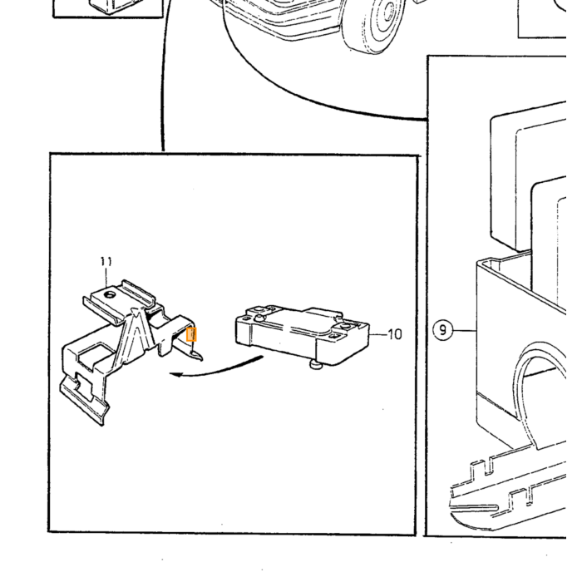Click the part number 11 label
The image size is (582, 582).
[106, 262]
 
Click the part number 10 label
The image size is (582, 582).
[395, 334]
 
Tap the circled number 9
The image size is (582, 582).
[443, 329]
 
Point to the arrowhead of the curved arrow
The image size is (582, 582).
[175, 374]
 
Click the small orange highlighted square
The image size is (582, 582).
[191, 334]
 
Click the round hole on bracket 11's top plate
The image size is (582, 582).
[110, 295]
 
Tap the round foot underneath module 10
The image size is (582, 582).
[317, 365]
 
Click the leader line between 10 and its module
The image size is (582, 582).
[378, 334]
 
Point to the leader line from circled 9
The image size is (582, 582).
[465, 330]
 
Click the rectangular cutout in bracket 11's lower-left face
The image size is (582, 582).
[90, 356]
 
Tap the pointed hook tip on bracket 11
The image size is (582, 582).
[200, 358]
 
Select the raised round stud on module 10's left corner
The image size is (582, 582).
[259, 318]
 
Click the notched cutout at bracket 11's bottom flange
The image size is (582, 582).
[84, 386]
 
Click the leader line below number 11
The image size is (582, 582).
[106, 277]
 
